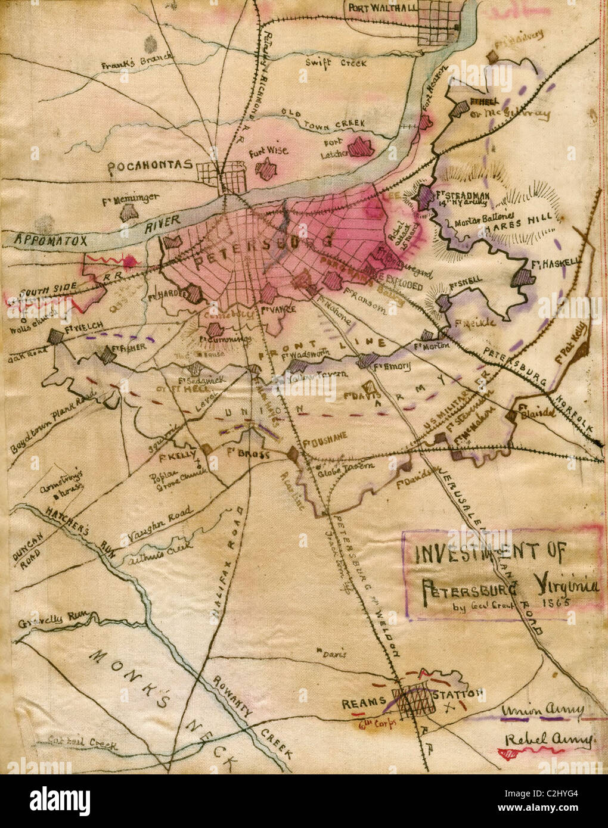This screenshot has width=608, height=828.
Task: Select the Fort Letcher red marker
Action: click(359, 147)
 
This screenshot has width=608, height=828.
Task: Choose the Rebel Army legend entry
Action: click(548, 740)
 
